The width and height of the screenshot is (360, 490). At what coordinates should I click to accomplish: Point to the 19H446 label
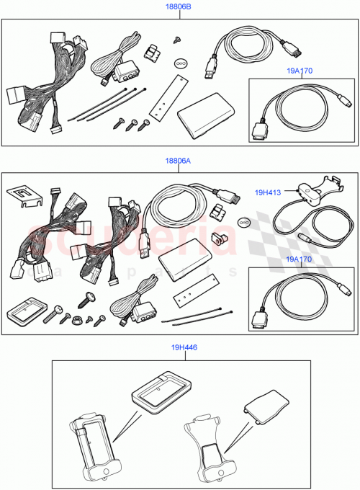184,347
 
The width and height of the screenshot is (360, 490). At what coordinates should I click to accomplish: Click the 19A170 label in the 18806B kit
300,71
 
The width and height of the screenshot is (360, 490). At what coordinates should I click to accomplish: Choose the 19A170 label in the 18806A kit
300,259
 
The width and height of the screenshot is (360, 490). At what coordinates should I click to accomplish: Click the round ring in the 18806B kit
181,63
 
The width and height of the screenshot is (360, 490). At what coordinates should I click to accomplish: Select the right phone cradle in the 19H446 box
210,450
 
